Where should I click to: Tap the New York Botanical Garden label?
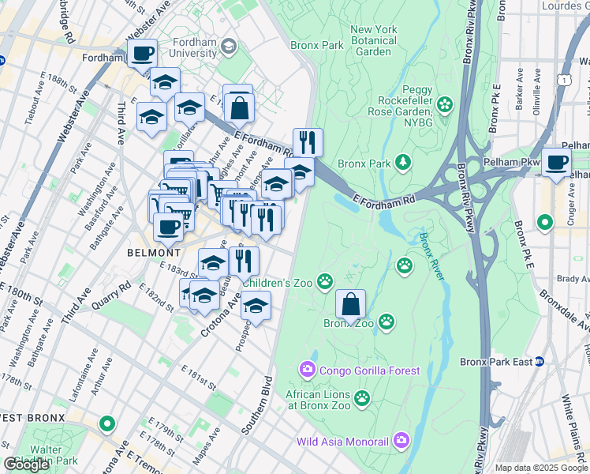pos(373,40)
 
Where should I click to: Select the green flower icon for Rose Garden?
pos(445,103)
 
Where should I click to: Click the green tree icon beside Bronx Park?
pos(403,163)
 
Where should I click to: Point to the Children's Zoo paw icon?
pos(325,280)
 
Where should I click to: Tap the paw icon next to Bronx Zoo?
pos(386,321)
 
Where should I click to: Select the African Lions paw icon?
pos(362,397)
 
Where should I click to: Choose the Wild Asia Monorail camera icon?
pos(401,439)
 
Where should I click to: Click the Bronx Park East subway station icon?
pos(540,362)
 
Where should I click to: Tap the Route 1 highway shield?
pos(564,79)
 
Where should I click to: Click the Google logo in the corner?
pos(27,465)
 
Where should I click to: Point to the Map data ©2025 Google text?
pos(541,468)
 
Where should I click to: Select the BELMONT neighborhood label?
pos(154,252)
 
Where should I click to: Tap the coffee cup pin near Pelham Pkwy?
pos(556,162)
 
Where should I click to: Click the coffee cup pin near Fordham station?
pos(143,54)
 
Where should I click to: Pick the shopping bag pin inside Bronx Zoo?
pos(350,303)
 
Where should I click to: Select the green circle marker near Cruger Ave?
pos(545,223)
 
